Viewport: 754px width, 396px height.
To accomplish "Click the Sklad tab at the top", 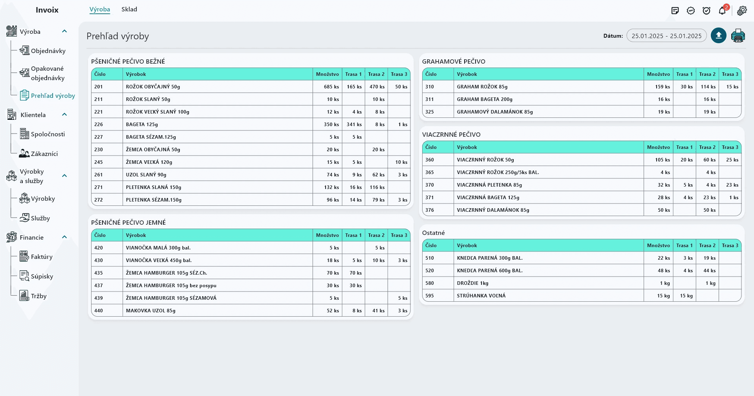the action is [129, 9].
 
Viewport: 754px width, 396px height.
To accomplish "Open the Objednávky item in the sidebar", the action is [48, 51].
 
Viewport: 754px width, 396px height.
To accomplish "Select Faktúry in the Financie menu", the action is [41, 257].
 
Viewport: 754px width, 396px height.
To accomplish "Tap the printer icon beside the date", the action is [738, 36].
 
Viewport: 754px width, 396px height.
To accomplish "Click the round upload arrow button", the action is [719, 36].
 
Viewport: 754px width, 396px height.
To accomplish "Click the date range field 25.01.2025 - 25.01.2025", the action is [666, 36].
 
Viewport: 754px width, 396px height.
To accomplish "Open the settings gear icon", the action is [742, 11].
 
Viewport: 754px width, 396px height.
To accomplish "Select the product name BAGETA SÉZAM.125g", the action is [151, 137].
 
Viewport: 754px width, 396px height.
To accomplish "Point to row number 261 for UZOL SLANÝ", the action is [99, 175].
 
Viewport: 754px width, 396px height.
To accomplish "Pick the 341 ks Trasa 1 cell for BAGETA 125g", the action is [354, 125].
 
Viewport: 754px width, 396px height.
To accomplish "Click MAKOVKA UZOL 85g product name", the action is [151, 311].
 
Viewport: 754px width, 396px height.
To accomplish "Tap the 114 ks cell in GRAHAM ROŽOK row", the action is [708, 87].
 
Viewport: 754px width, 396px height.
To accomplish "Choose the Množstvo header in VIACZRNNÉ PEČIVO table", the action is [659, 147].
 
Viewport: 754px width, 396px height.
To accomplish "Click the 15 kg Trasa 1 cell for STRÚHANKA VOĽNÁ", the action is [686, 296].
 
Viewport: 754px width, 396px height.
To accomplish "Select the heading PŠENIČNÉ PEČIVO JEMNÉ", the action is [128, 222].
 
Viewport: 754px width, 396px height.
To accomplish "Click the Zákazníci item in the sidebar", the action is [44, 154].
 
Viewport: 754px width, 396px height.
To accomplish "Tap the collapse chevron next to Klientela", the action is [65, 114].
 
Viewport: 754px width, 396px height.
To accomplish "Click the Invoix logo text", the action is [47, 10].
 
